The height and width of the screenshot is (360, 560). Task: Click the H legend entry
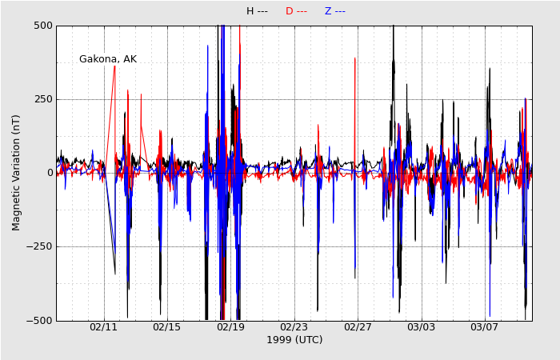[257, 11]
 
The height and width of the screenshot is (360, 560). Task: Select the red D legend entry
[296, 11]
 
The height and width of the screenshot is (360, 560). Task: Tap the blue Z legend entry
[334, 11]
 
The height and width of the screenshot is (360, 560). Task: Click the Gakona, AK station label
[108, 59]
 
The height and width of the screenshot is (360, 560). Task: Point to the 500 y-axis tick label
[43, 26]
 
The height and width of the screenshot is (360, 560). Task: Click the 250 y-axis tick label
[43, 99]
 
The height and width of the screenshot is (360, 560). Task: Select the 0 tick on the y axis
[50, 173]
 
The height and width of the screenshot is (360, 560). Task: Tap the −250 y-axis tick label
[40, 246]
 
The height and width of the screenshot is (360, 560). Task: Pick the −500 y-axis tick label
[40, 320]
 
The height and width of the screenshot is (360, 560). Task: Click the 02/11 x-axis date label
[103, 327]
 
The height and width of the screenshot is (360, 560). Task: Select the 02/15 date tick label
[167, 327]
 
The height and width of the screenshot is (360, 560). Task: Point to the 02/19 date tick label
[230, 327]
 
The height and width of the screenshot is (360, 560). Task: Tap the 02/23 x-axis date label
[294, 327]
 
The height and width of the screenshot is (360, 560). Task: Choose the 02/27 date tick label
[358, 327]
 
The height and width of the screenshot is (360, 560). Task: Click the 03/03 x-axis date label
[421, 327]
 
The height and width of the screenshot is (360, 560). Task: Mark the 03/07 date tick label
[484, 327]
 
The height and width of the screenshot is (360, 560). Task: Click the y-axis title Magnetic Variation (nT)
[17, 173]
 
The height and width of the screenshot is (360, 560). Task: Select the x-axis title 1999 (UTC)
[294, 340]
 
